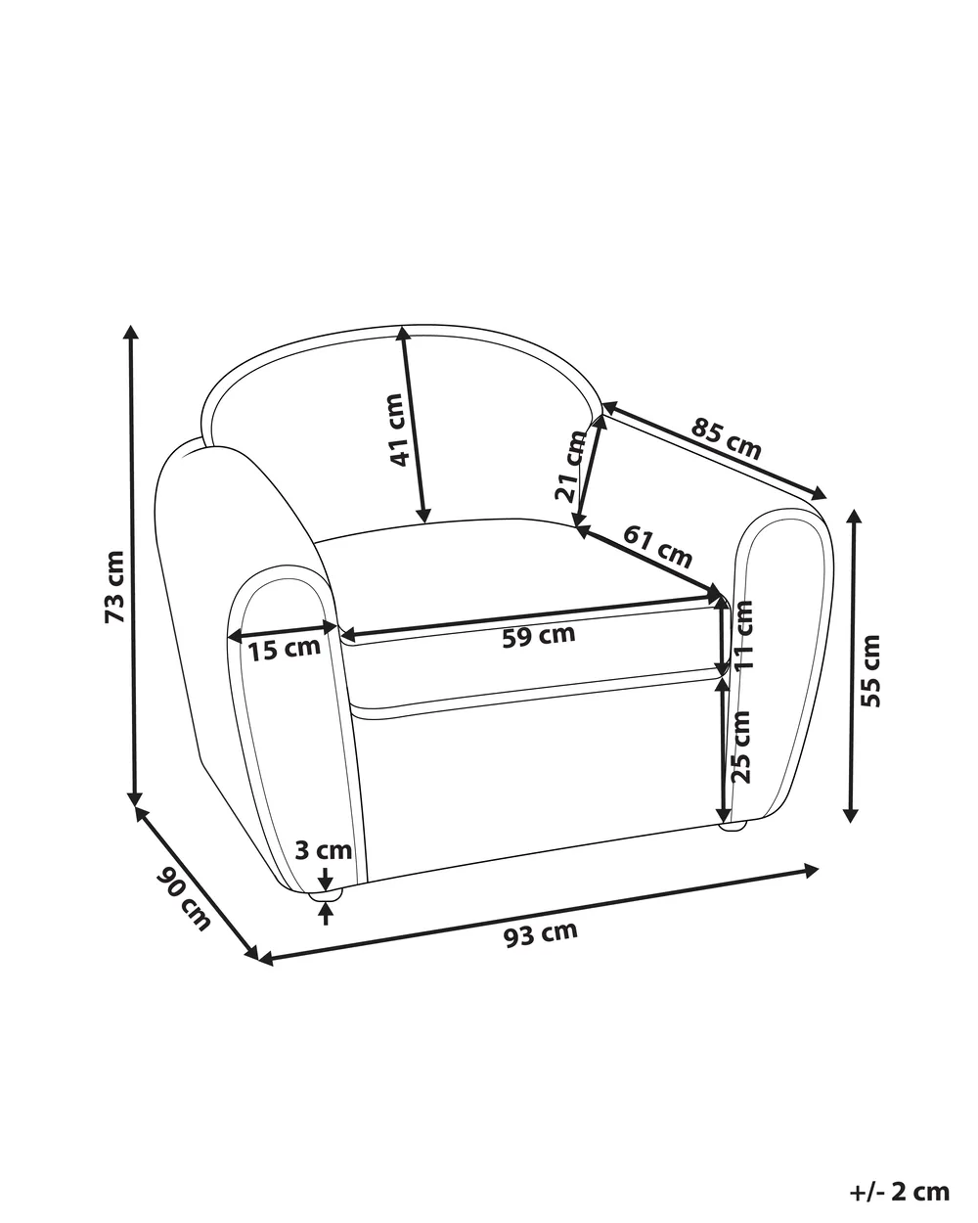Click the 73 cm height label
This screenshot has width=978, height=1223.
tap(114, 586)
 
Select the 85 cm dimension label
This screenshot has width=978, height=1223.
tap(726, 439)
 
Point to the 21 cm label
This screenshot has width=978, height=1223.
tap(570, 466)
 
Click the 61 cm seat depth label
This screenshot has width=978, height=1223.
tap(657, 547)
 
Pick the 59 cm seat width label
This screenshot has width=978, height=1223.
tap(539, 635)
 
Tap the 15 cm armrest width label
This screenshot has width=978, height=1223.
tap(285, 649)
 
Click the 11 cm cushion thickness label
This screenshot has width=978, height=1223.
tap(743, 634)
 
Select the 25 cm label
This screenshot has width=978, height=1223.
tap(740, 747)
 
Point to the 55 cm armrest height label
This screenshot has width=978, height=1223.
tap(870, 671)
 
